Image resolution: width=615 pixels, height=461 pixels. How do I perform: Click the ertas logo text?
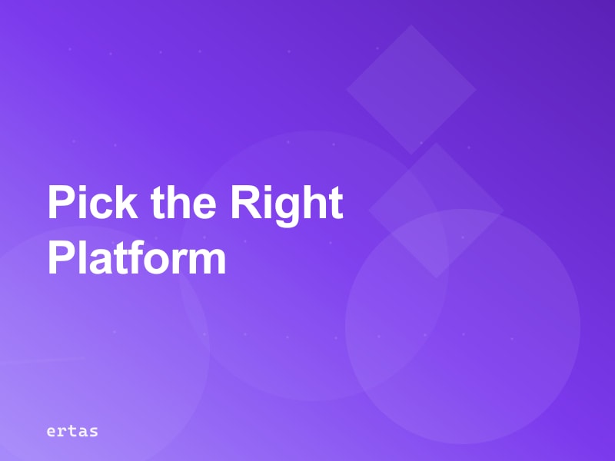[x=72, y=431]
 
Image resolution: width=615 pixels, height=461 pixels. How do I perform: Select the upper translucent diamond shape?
[x=411, y=88]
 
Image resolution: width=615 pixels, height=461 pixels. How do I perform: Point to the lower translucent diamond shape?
[x=436, y=209]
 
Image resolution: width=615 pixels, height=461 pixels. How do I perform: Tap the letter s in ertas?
[x=94, y=432]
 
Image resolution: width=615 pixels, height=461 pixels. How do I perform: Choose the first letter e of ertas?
[x=51, y=432]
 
